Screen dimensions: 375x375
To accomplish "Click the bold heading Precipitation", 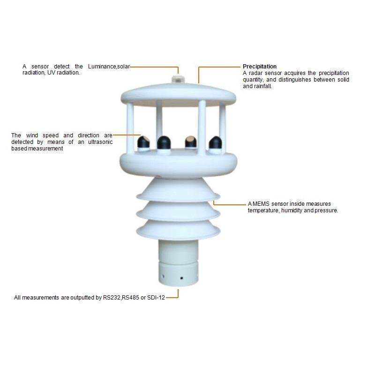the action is [x=260, y=67].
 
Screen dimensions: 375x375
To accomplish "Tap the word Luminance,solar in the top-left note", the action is [x=109, y=67].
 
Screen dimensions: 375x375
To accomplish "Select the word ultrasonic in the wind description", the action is [x=100, y=142].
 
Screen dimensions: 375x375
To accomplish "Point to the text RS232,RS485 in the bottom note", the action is [x=121, y=298].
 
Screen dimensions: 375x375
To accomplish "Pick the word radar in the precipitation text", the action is [x=255, y=73].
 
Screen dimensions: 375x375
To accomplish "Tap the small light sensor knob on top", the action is [x=179, y=79].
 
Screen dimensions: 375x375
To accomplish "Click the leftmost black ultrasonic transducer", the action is [x=144, y=143].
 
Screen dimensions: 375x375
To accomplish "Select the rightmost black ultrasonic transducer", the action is [x=215, y=143].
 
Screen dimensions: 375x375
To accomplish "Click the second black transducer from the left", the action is [x=164, y=143].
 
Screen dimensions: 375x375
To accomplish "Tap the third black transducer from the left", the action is [x=191, y=142].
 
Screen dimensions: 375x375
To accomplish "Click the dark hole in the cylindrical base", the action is [x=181, y=278].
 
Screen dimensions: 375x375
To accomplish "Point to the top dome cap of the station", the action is [x=179, y=94].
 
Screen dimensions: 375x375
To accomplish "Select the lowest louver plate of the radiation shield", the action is [x=178, y=230].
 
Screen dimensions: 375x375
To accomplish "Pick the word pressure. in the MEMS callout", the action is [x=326, y=210].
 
